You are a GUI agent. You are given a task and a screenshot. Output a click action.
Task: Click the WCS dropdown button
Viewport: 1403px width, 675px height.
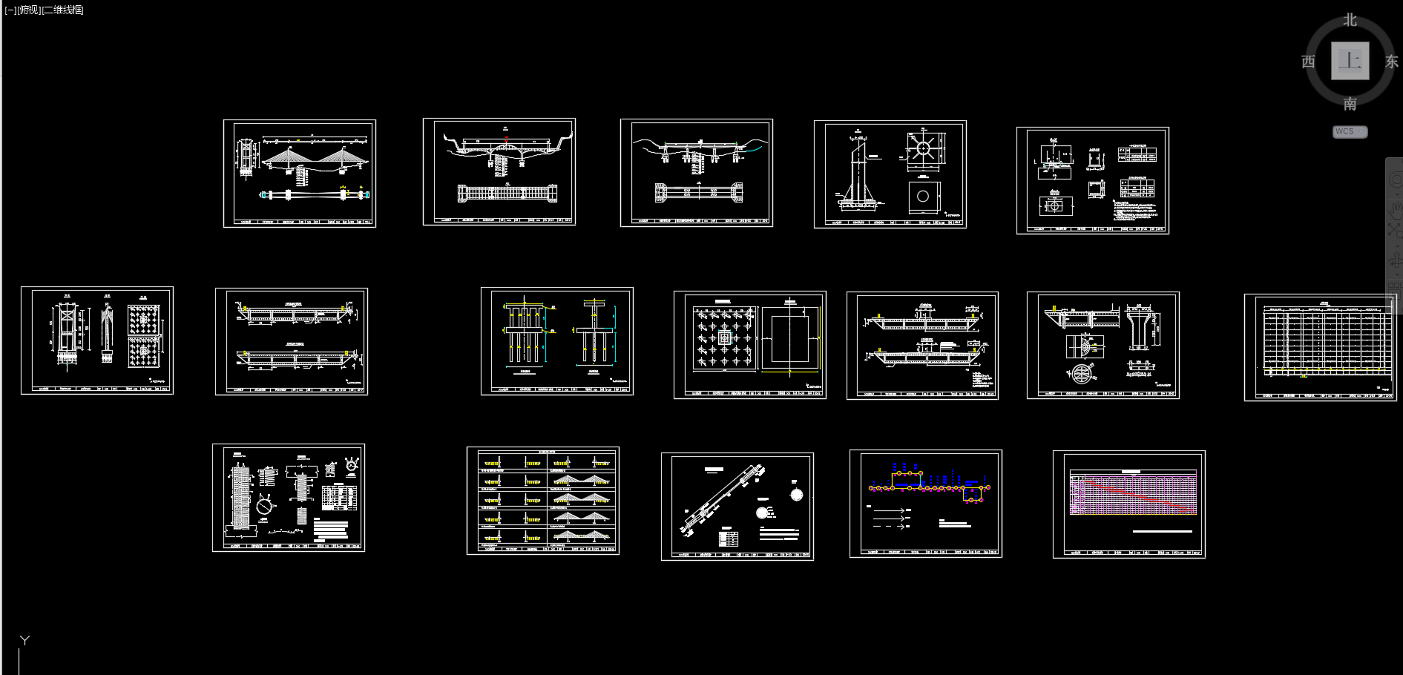(x=1350, y=131)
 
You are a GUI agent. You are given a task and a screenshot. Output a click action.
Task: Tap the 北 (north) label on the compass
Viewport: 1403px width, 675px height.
(x=1350, y=20)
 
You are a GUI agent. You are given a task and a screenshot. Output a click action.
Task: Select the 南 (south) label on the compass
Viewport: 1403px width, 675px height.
(x=1350, y=104)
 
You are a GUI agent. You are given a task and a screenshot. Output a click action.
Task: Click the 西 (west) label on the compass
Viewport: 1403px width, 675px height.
(x=1308, y=62)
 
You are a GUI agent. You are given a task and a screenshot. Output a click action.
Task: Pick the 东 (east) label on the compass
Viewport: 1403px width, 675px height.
(x=1392, y=62)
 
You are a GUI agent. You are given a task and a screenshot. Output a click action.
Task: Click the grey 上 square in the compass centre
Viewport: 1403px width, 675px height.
(x=1350, y=61)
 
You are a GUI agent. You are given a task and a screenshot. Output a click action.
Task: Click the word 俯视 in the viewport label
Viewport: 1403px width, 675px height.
(x=28, y=10)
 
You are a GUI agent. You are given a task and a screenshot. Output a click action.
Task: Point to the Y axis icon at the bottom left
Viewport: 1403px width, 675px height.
(x=24, y=640)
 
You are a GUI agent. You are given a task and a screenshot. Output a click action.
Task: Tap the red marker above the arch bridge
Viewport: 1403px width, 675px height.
(x=506, y=137)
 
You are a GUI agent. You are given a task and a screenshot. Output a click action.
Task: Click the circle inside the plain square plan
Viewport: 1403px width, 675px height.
(x=923, y=197)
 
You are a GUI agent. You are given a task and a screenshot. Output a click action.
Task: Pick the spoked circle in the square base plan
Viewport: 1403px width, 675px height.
(x=922, y=148)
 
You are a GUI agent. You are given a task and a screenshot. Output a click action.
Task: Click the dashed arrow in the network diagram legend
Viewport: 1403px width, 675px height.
(x=890, y=526)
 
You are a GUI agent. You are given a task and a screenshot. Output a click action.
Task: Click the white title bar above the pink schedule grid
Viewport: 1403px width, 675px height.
(x=1130, y=472)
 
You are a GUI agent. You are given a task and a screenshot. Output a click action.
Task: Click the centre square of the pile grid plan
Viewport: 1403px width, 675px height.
(x=724, y=337)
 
